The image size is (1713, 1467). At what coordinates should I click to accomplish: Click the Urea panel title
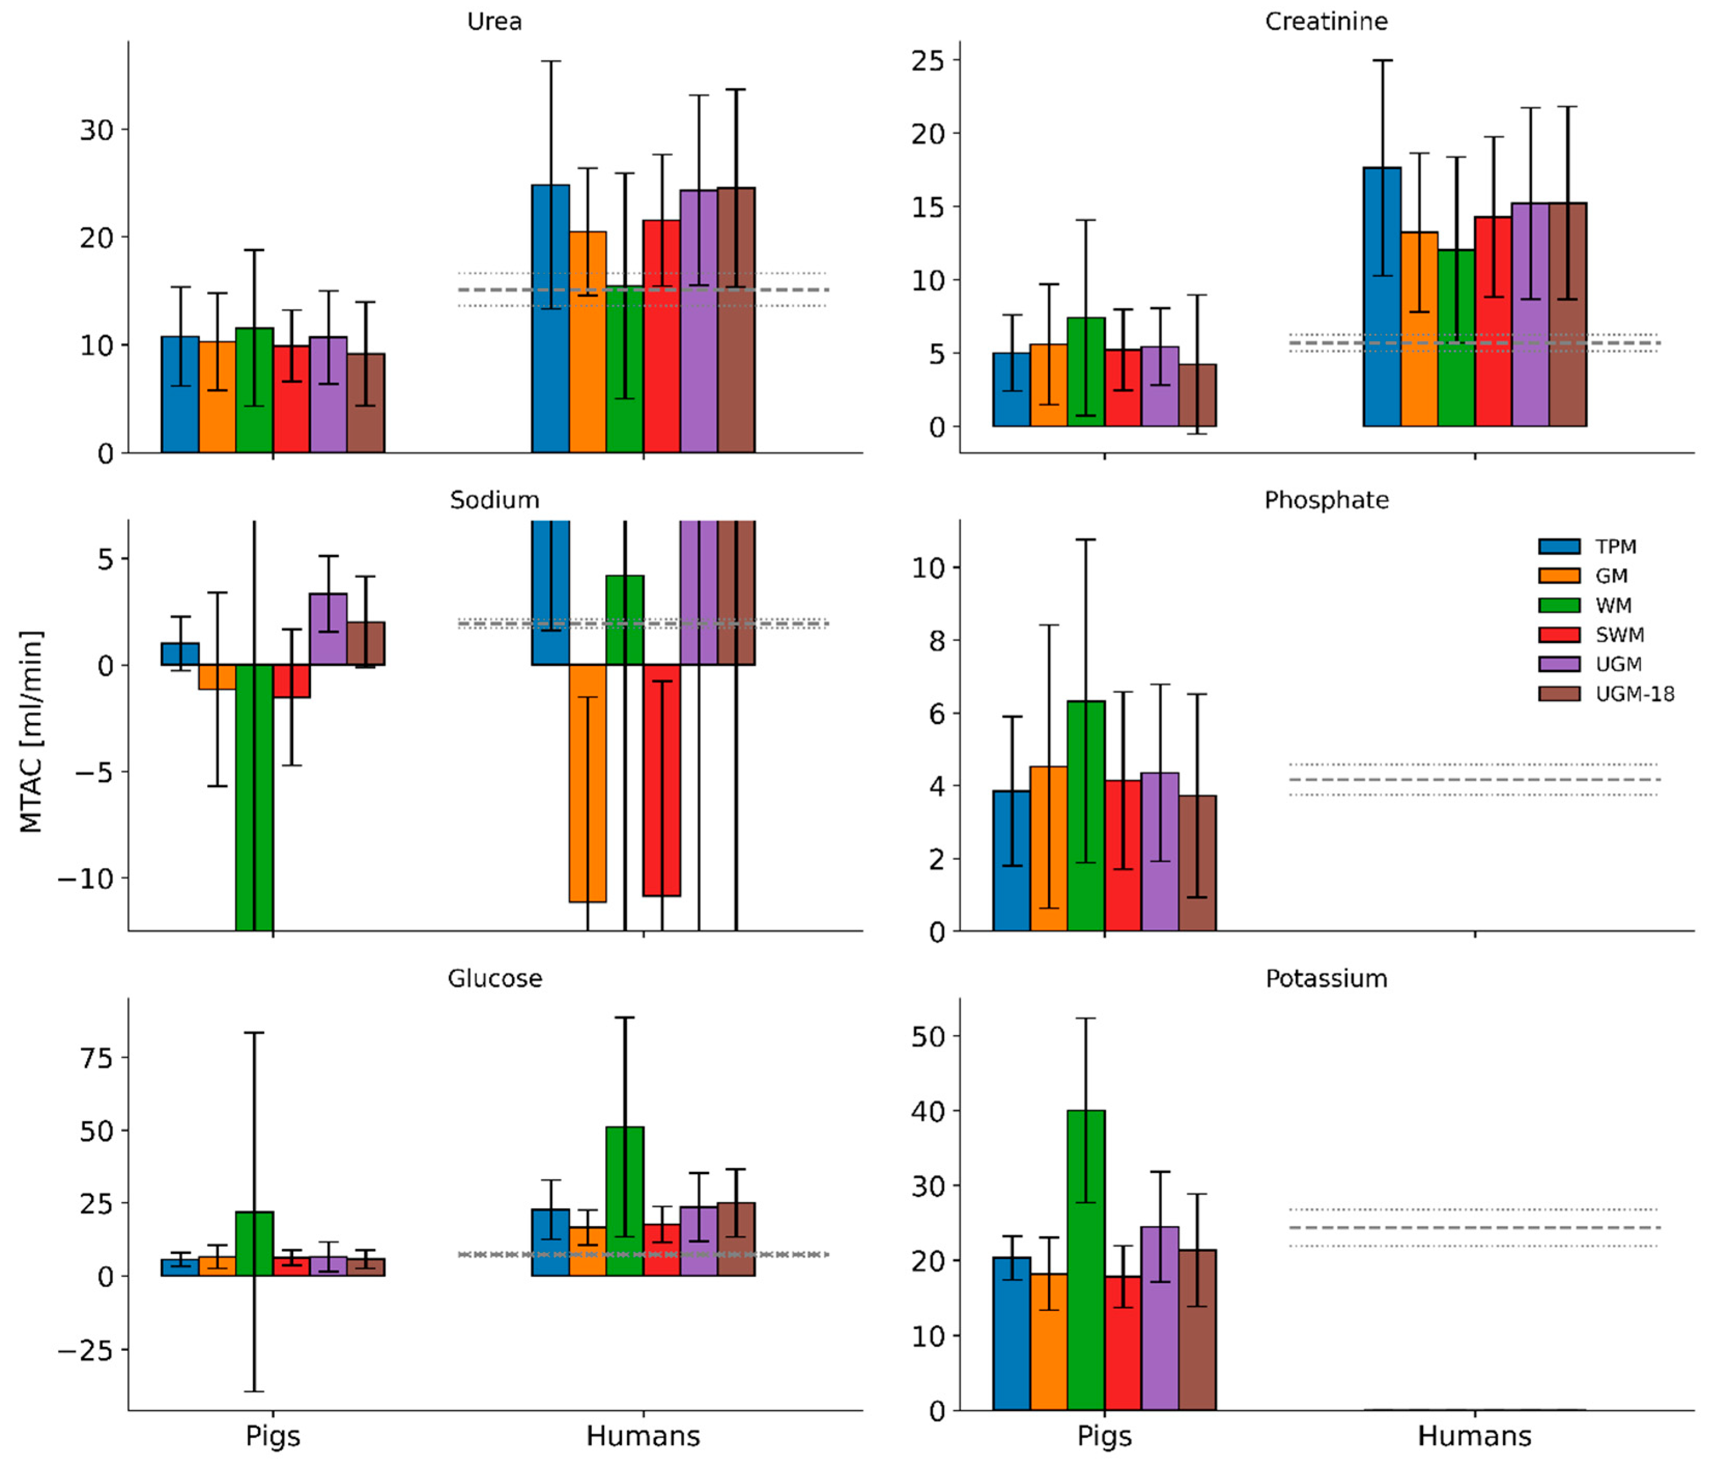(494, 21)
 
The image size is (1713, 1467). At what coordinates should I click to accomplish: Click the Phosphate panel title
(1326, 500)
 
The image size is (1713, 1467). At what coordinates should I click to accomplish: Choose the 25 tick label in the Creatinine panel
(927, 60)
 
